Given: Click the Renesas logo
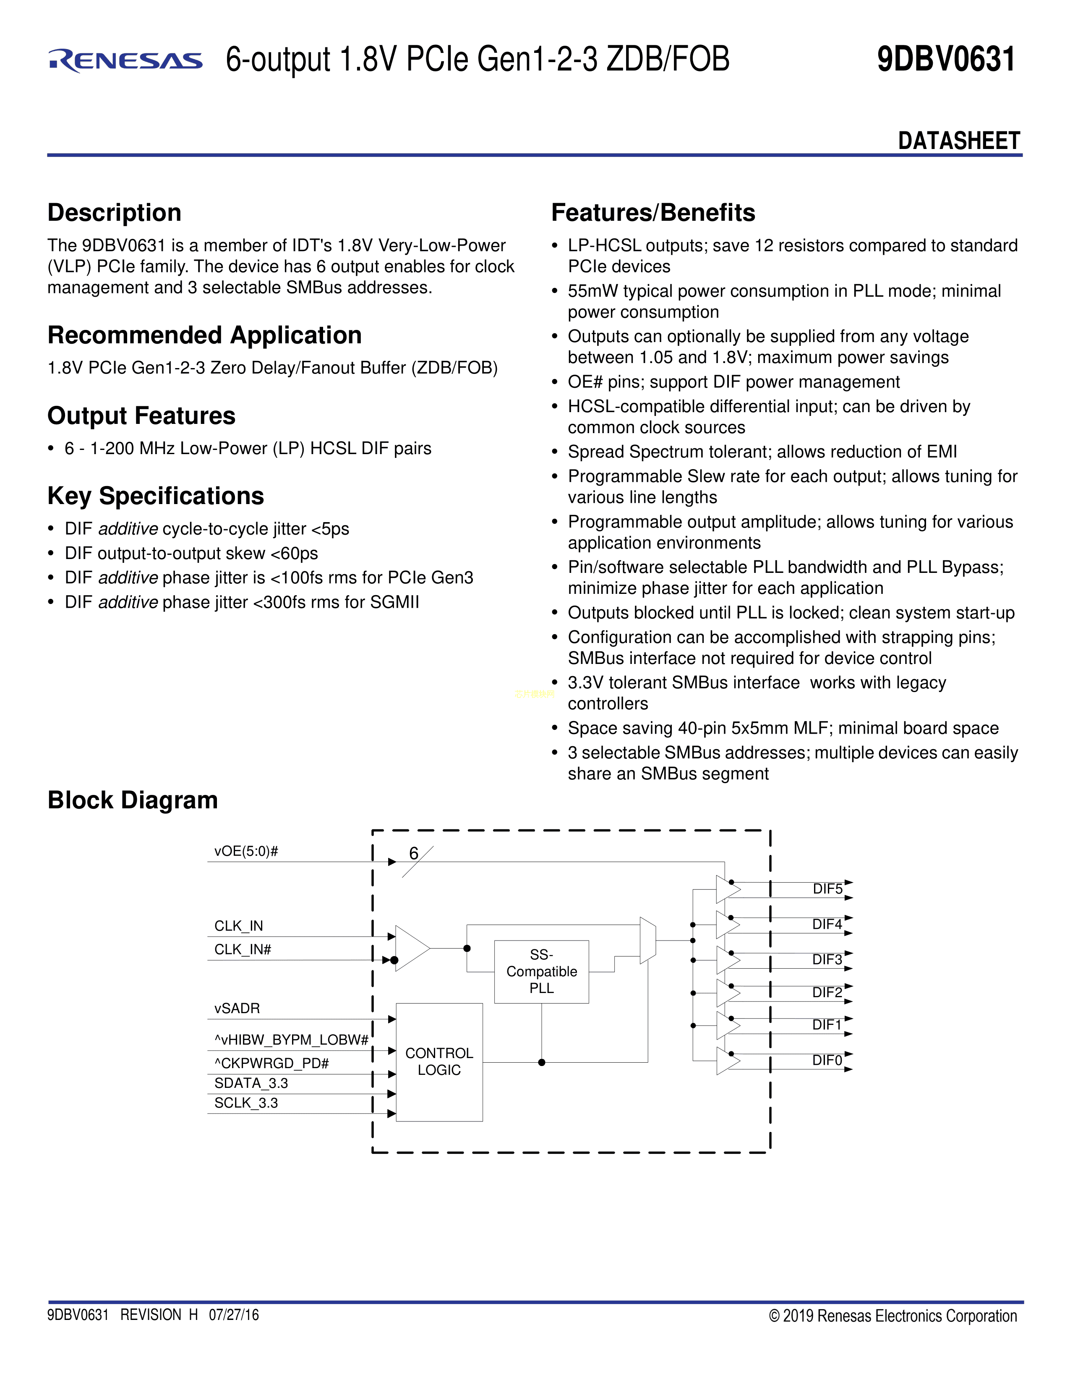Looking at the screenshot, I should point(125,60).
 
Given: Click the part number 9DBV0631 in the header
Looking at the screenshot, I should point(946,59).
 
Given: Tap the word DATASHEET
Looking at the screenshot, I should point(958,141).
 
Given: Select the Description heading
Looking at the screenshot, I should point(114,212).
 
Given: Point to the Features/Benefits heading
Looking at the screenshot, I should point(653,212).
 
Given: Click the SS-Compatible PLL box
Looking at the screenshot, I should point(541,972).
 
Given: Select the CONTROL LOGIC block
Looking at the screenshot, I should point(438,1061).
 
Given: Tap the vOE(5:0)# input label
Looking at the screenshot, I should point(246,851).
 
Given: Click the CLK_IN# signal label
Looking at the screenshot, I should point(242,949).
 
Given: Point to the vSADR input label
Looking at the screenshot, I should point(236,1008).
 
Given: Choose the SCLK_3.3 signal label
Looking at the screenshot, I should point(246,1103).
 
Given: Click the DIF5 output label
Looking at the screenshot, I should point(827,889).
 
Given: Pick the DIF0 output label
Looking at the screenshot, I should point(827,1060).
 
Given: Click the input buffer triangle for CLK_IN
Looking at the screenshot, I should point(411,948).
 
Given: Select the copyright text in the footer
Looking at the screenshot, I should point(893,1316).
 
